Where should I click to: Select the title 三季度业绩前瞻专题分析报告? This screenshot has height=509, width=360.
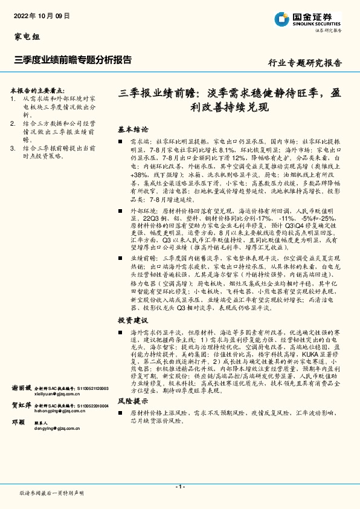[72, 60]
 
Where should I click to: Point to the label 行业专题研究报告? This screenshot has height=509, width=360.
[304, 62]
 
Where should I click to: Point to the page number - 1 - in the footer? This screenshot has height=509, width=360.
[179, 486]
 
